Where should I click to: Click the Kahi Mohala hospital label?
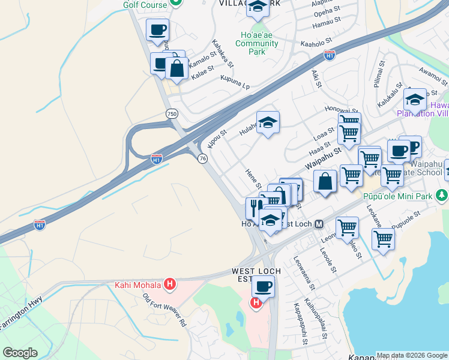pyautogui.click(x=138, y=284)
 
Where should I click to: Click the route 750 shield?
pyautogui.click(x=172, y=113)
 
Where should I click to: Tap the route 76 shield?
pyautogui.click(x=202, y=158)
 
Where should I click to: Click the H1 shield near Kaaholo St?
pyautogui.click(x=330, y=56)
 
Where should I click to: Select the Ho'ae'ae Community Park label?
pyautogui.click(x=257, y=43)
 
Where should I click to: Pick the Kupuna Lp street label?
pyautogui.click(x=235, y=82)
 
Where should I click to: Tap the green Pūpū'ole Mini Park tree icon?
pyautogui.click(x=442, y=196)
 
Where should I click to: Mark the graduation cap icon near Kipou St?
pyautogui.click(x=268, y=122)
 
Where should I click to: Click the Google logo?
pyautogui.click(x=20, y=353)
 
